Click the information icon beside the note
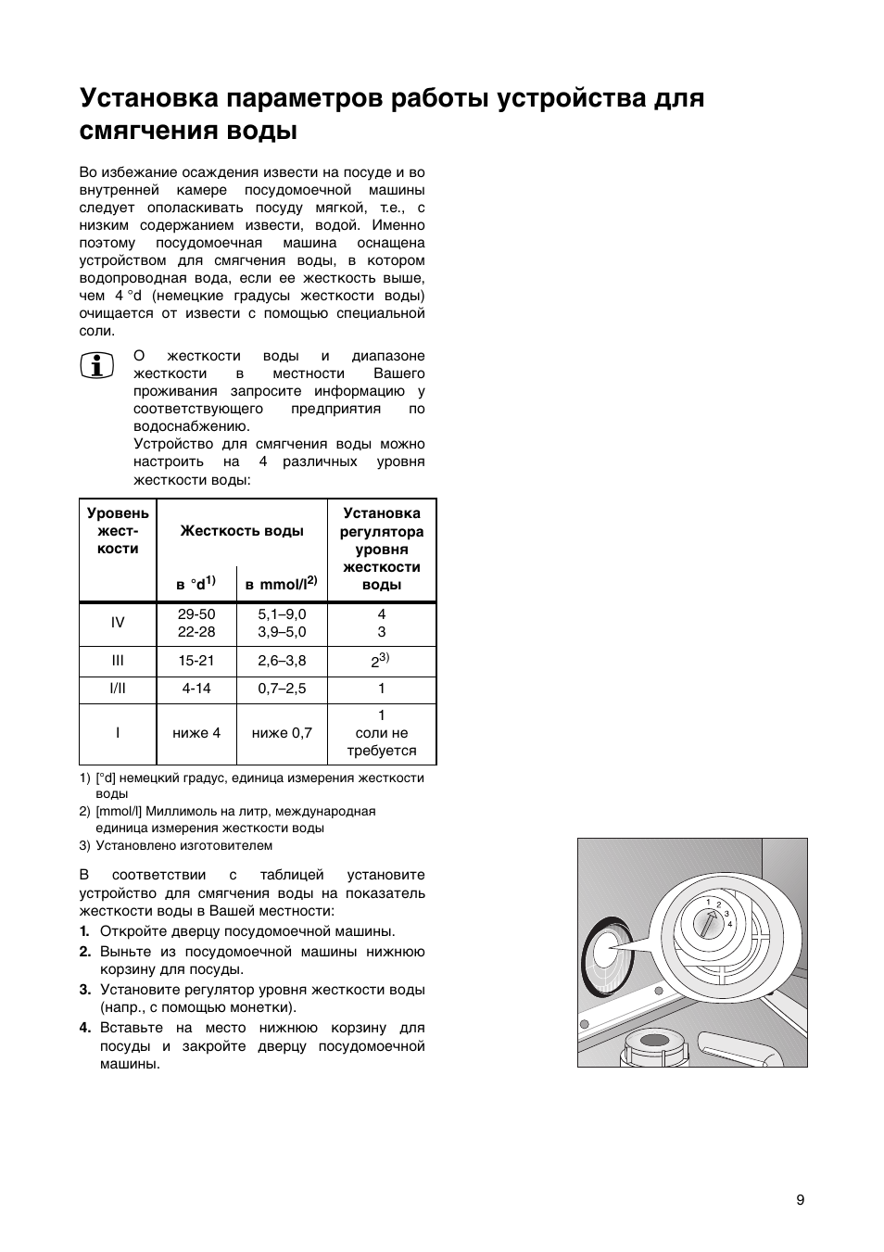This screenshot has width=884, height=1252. coord(96,366)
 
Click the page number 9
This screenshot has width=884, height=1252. coord(800,1200)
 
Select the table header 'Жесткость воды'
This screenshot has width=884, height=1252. coord(242,531)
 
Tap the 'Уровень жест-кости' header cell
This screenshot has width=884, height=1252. coord(118,531)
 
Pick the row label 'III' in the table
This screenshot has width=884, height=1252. coord(118,661)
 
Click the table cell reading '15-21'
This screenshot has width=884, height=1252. coord(196,661)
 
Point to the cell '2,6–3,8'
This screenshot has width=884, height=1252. coord(282,661)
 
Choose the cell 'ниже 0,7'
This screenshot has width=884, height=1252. coord(282,733)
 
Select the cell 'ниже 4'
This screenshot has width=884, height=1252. coord(196,733)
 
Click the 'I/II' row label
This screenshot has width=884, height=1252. coord(118,689)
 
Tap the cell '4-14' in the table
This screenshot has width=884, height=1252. coord(196,689)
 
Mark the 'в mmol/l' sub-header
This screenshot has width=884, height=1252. coord(281,584)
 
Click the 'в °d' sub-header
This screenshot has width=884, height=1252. coord(196,584)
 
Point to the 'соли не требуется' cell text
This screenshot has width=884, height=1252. coord(382,741)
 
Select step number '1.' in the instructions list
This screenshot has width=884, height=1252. coord(84,931)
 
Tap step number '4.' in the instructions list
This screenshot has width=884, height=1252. coord(84,1028)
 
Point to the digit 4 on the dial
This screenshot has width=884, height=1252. coord(730,925)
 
